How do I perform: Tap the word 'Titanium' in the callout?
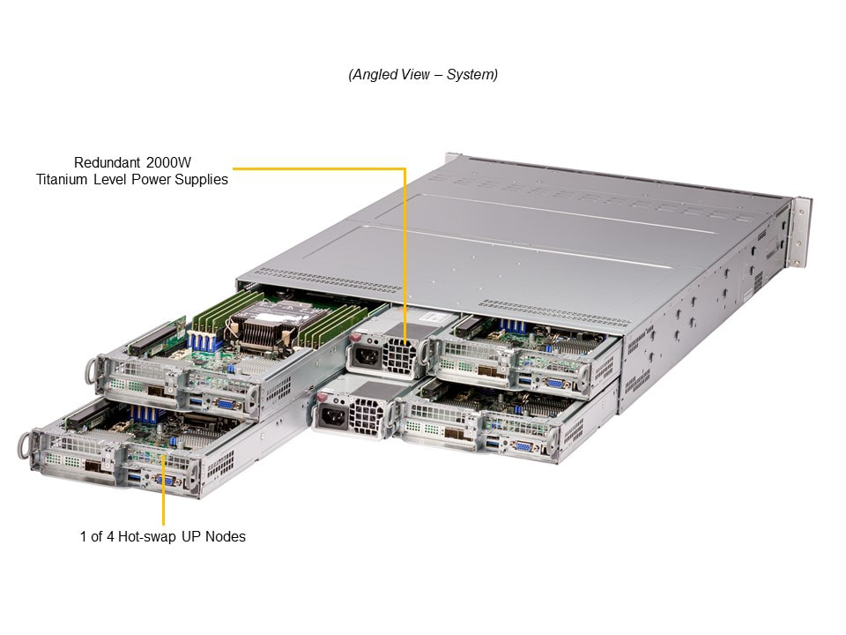[63, 180]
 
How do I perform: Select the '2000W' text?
[166, 162]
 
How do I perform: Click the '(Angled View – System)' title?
[423, 75]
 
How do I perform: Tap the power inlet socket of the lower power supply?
[332, 416]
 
